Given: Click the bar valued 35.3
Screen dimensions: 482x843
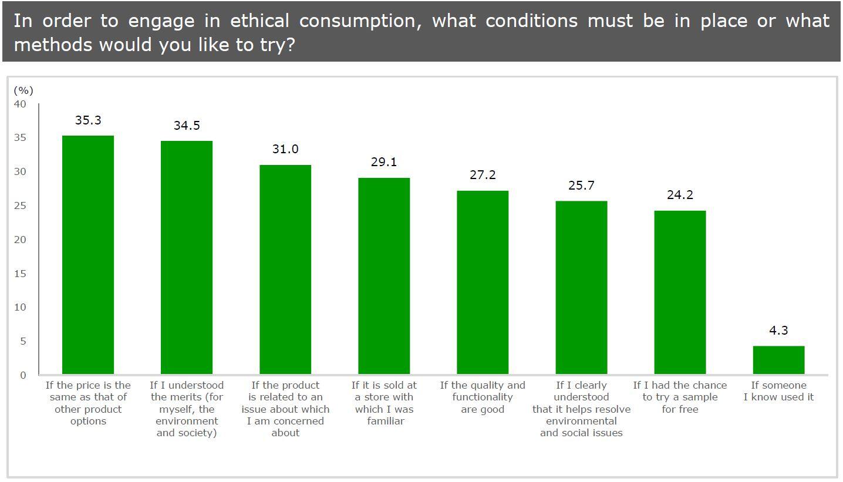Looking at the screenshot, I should tap(88, 255).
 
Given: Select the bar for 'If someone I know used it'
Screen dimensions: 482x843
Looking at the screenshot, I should tap(778, 360).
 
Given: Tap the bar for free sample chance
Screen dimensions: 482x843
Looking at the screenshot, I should tap(680, 292).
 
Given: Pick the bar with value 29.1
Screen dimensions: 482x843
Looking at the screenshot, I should tap(384, 276).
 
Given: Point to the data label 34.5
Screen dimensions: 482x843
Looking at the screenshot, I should tap(187, 126).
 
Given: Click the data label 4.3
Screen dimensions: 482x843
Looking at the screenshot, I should tap(778, 331).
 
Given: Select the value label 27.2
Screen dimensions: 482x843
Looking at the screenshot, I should tap(483, 175).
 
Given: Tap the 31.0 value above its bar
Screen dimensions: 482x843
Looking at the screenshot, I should tap(285, 149).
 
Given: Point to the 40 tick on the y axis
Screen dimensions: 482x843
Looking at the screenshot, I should tap(20, 104).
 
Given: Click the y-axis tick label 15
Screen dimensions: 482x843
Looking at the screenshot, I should tap(20, 274).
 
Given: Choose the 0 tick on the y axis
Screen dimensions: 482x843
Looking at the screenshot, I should tap(23, 375).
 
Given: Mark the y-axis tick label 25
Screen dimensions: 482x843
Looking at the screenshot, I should tap(20, 205).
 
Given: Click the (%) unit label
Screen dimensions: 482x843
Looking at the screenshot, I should tap(23, 90).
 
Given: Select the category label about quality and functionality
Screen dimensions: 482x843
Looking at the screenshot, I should tap(483, 397).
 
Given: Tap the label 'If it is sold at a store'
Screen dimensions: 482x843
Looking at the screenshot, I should tap(384, 403).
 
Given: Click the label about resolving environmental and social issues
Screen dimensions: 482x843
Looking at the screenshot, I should tap(581, 409).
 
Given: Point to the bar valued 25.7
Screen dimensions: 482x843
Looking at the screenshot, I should tap(581, 288).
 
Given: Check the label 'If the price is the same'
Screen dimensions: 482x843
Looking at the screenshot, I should tap(88, 403).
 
